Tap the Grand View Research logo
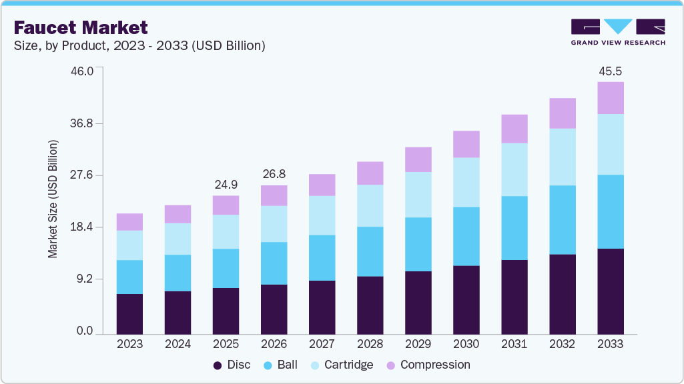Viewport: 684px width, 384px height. coord(618,31)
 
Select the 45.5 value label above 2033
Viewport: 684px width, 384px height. coord(610,71)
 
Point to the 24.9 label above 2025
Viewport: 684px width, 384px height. coord(226,185)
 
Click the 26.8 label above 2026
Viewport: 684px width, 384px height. coord(274,174)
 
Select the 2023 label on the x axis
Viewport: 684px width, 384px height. coord(129,344)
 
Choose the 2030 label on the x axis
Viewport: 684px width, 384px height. coord(466,344)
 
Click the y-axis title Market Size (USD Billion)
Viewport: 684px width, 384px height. coord(53,200)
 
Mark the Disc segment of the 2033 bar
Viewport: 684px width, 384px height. coord(610,291)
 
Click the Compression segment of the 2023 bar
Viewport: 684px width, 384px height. coord(129,222)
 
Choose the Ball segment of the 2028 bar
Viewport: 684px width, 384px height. coord(370,251)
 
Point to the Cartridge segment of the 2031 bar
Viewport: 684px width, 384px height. coord(514,169)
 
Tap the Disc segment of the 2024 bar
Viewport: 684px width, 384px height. coord(178,313)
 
